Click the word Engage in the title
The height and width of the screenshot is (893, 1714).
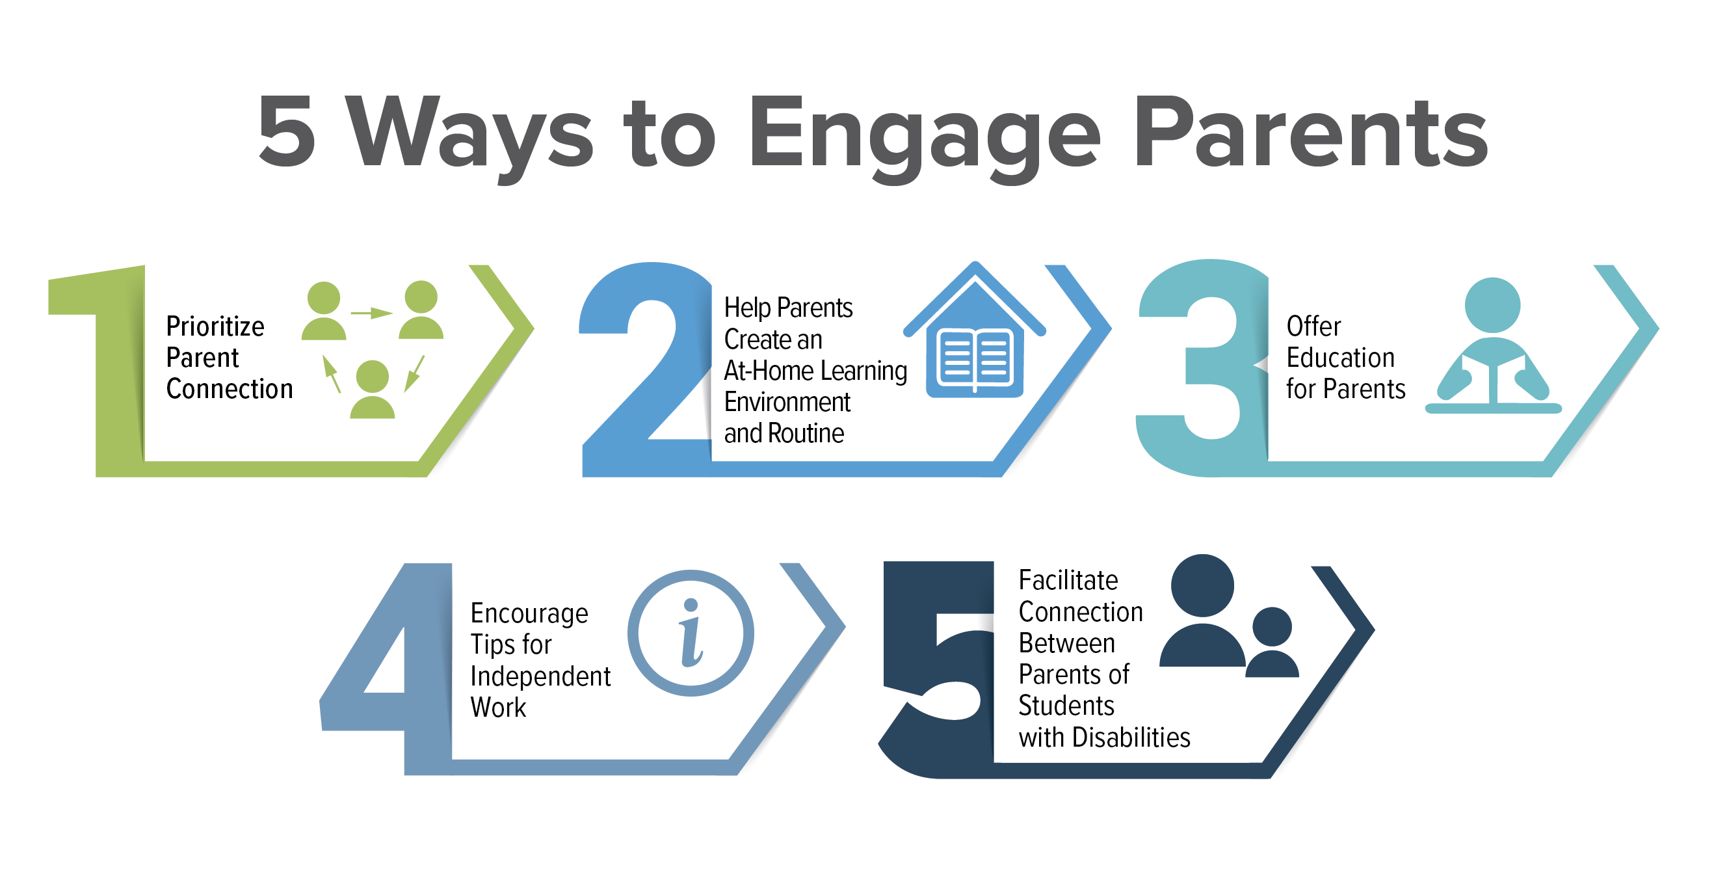(x=924, y=133)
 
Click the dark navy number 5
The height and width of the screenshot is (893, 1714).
(x=938, y=672)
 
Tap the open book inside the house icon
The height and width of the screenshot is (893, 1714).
(x=974, y=360)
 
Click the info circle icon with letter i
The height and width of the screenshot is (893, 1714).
(x=691, y=633)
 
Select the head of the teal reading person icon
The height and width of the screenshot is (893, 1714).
(x=1492, y=305)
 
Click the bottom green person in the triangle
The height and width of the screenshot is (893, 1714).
(x=372, y=390)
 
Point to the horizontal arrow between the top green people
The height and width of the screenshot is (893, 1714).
(x=371, y=313)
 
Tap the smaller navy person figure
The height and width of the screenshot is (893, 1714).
(x=1272, y=643)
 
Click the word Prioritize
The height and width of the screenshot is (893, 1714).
(x=215, y=327)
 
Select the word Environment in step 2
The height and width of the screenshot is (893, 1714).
(x=787, y=402)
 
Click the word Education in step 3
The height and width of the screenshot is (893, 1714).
(x=1340, y=358)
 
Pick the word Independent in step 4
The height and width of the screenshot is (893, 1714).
(x=540, y=676)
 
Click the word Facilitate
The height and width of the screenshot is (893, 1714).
(x=1068, y=580)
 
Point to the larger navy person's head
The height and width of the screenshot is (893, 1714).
(x=1202, y=585)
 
